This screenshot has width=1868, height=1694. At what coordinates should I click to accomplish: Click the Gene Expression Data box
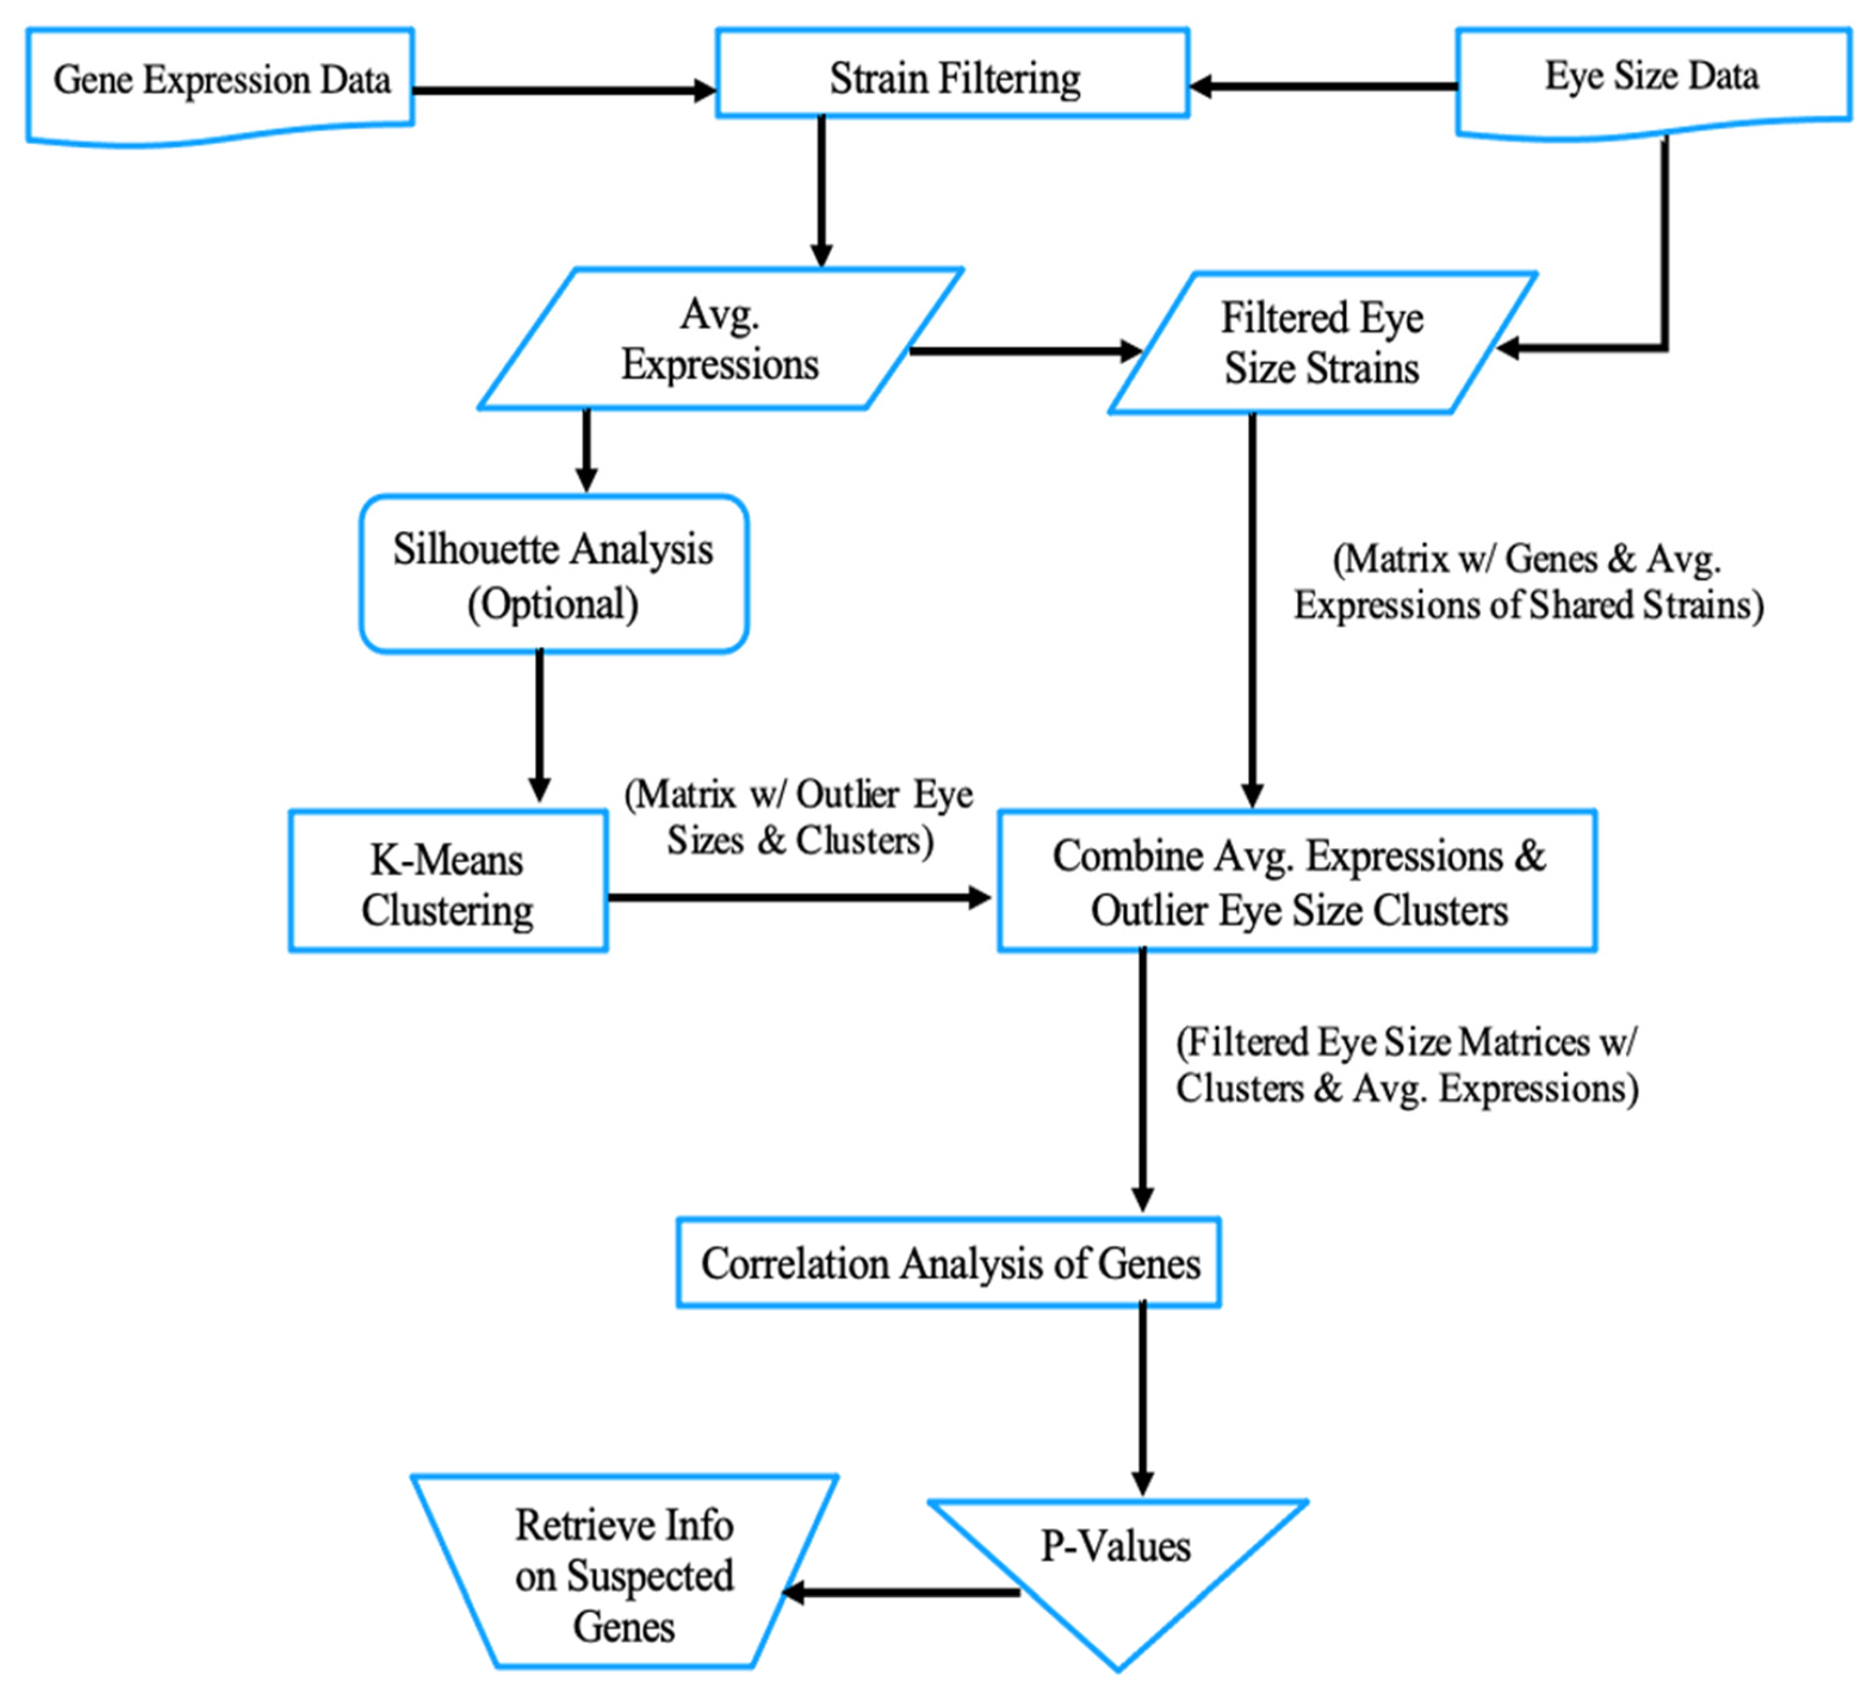point(221,82)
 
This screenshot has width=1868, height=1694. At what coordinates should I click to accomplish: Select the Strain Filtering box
point(952,74)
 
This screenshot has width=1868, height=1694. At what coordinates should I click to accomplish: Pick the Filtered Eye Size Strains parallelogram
point(1321,343)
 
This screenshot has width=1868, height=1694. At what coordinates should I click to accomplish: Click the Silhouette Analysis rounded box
point(553,575)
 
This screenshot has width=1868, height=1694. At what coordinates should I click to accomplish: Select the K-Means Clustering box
point(448,882)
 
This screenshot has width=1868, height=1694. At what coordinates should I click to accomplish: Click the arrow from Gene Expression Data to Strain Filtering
point(563,91)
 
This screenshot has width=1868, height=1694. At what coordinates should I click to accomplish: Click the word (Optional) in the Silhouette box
point(553,604)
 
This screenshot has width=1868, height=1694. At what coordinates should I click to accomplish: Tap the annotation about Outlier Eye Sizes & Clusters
point(799,817)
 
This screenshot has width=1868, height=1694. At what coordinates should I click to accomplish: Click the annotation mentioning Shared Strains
point(1528,582)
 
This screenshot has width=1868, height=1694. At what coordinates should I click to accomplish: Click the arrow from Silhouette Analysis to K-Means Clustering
point(539,727)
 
